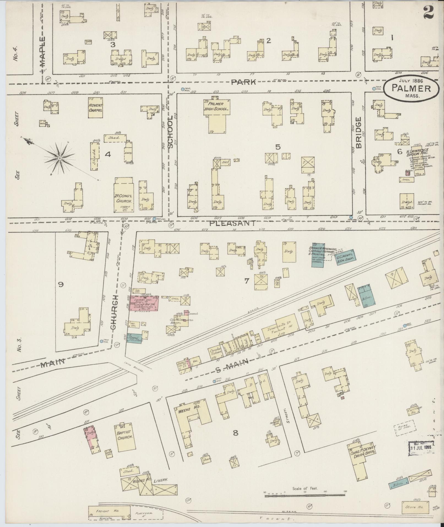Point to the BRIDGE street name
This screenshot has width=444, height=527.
point(358,133)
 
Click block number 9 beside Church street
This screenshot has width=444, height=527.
point(60,285)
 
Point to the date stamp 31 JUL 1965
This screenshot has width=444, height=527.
point(420,447)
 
